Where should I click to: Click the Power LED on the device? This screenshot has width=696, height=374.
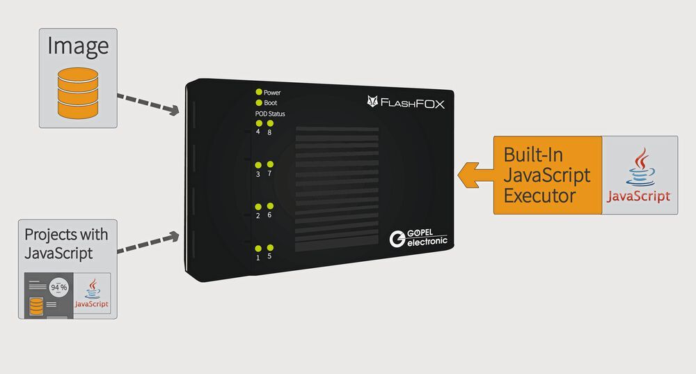pyautogui.click(x=259, y=92)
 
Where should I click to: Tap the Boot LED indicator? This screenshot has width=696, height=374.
pyautogui.click(x=259, y=102)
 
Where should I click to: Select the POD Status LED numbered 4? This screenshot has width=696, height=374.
pyautogui.click(x=259, y=123)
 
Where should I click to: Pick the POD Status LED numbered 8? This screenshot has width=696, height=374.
pyautogui.click(x=270, y=123)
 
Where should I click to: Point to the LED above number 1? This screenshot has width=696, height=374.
pyautogui.click(x=258, y=249)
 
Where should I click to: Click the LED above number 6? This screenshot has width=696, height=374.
pyautogui.click(x=270, y=206)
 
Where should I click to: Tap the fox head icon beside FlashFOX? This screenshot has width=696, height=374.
pyautogui.click(x=372, y=101)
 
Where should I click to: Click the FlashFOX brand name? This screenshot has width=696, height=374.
pyautogui.click(x=412, y=104)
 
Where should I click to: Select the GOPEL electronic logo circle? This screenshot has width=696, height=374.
pyautogui.click(x=397, y=239)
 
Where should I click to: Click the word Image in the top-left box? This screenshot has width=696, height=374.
pyautogui.click(x=78, y=46)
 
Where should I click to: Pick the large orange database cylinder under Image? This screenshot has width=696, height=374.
pyautogui.click(x=78, y=93)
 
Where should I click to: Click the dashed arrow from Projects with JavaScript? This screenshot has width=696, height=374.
pyautogui.click(x=148, y=242)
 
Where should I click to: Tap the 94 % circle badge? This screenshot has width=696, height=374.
pyautogui.click(x=58, y=288)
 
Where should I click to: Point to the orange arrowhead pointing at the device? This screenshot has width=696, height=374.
pyautogui.click(x=468, y=175)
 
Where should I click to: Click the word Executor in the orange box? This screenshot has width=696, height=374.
pyautogui.click(x=539, y=196)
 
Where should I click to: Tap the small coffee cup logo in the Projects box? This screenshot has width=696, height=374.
pyautogui.click(x=93, y=289)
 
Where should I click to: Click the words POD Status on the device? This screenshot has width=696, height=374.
pyautogui.click(x=270, y=114)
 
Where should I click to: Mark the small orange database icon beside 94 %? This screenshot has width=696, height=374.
pyautogui.click(x=36, y=306)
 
